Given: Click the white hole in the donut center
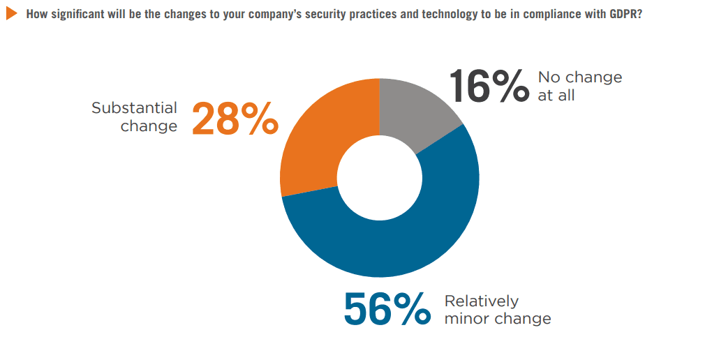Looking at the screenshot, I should tap(380, 178).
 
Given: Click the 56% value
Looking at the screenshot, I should tap(387, 310).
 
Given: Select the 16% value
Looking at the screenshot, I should tap(489, 86).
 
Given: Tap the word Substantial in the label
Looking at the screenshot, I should tap(134, 109).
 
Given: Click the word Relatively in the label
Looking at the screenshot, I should tap(481, 301).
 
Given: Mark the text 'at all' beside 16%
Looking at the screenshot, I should tap(556, 96).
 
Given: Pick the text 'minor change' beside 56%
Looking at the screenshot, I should tap(497, 320).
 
